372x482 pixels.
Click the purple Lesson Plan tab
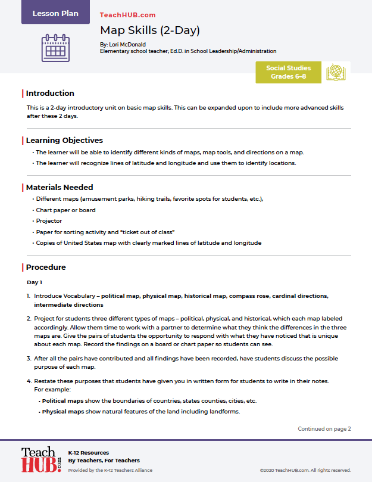(x=55, y=13)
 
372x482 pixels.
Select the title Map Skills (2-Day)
(x=149, y=30)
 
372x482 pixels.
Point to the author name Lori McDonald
(x=126, y=45)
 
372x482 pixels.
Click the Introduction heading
(x=50, y=93)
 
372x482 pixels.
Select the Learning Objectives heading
(x=64, y=141)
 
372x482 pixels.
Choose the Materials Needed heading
(x=60, y=187)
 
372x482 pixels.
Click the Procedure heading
(x=46, y=267)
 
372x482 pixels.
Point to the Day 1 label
(x=35, y=282)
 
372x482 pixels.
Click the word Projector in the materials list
(x=49, y=221)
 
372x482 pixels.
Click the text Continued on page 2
(x=324, y=428)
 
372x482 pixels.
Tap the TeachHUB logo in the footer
(x=41, y=459)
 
